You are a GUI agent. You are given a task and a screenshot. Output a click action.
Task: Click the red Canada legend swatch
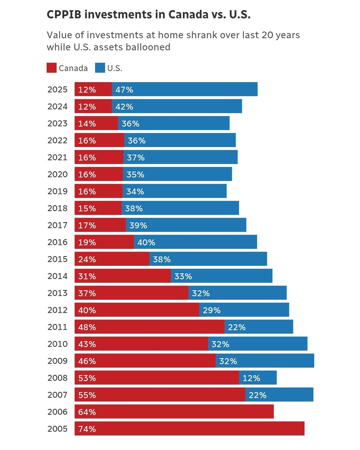(51, 68)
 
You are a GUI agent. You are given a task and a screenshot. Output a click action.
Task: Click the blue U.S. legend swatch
(100, 68)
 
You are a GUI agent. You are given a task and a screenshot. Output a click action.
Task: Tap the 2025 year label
(57, 90)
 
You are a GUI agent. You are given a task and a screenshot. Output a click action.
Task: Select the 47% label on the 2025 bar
(124, 90)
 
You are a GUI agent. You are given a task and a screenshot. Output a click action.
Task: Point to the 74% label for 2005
(87, 429)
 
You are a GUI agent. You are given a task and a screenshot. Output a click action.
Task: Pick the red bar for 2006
(174, 412)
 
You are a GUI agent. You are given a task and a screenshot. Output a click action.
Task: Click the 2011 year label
(57, 327)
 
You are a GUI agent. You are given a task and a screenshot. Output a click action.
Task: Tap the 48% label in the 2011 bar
(87, 327)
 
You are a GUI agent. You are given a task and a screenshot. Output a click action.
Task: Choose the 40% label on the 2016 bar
(146, 242)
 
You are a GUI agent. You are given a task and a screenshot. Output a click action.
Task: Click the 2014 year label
(57, 276)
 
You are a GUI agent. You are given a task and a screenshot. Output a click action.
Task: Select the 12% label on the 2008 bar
(251, 378)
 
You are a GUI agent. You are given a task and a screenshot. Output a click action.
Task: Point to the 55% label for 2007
(87, 395)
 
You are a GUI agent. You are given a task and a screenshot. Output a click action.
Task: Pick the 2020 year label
(57, 174)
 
